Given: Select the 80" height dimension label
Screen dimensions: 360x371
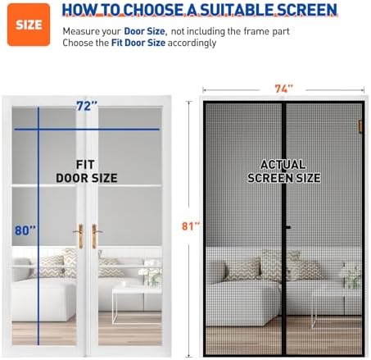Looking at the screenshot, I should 25,231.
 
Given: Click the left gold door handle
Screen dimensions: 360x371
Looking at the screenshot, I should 80,235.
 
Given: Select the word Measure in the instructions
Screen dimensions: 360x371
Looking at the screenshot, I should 83,30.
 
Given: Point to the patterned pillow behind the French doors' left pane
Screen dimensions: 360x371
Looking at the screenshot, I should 51,265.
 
